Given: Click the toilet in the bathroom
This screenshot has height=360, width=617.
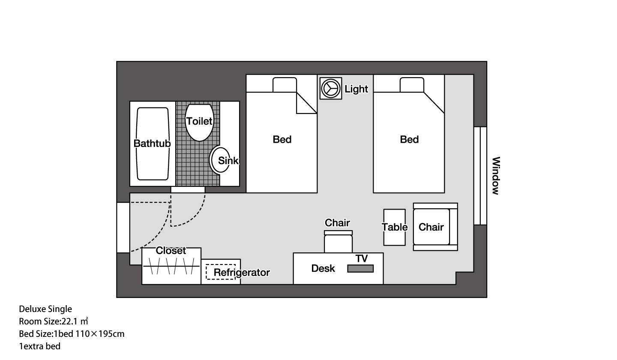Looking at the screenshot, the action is click(199, 123).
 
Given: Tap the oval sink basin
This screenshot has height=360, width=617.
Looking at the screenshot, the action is click(220, 160).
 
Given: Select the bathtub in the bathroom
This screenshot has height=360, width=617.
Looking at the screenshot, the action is click(153, 144).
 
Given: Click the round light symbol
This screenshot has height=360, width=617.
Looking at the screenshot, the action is click(330, 88).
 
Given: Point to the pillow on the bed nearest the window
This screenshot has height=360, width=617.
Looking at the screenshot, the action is click(412, 85).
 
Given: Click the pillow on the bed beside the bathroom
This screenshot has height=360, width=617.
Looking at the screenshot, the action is click(285, 85).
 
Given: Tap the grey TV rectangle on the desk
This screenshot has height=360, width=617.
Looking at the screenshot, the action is click(360, 269).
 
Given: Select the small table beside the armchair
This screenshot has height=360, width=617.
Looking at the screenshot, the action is click(395, 227).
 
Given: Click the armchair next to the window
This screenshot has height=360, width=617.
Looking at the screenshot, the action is click(435, 227).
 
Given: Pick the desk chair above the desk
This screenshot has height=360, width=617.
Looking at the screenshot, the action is click(338, 242).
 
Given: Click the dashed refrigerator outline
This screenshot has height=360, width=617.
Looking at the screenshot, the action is click(221, 272).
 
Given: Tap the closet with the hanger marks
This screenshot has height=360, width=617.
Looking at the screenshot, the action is click(171, 266).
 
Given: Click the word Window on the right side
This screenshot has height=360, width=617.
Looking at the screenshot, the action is click(496, 176).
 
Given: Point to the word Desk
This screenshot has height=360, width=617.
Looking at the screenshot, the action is click(323, 268).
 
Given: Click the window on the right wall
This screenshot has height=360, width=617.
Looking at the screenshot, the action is click(480, 176).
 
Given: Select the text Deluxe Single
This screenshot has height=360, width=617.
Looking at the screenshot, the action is click(45, 309).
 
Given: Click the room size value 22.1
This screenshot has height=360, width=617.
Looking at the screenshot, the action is click(69, 321).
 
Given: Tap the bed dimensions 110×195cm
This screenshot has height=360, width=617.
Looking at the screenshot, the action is click(100, 334).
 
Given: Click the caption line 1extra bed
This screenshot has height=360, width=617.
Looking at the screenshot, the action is click(40, 346).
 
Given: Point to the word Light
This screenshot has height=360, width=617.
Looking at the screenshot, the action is click(356, 89).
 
